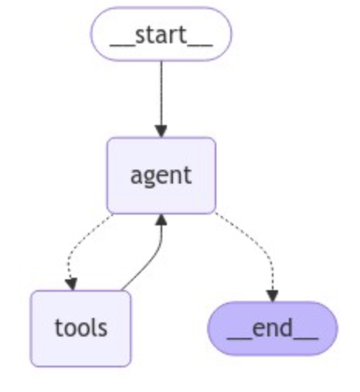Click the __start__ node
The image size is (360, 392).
(x=161, y=35)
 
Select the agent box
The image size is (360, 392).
(x=161, y=175)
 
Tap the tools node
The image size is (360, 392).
(x=80, y=327)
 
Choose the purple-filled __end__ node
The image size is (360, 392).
(x=272, y=327)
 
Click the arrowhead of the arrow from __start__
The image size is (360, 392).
(x=161, y=130)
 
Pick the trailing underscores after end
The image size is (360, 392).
(x=306, y=335)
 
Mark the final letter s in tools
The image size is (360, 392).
(x=102, y=328)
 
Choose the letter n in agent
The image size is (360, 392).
(x=174, y=175)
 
